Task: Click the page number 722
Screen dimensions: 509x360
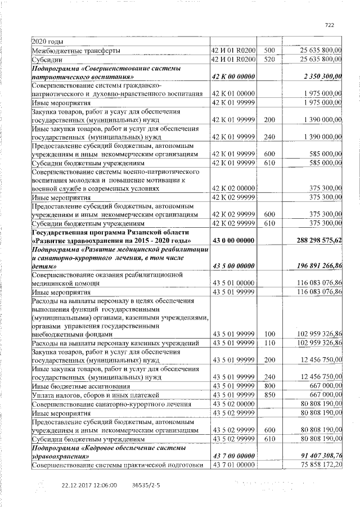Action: [330, 25]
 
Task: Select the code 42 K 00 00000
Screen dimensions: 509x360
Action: [233, 76]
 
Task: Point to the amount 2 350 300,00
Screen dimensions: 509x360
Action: [322, 76]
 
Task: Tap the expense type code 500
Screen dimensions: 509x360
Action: [269, 50]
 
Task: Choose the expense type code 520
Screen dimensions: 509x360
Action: [269, 58]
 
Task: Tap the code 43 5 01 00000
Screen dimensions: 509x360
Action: [233, 283]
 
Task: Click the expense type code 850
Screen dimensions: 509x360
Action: [269, 395]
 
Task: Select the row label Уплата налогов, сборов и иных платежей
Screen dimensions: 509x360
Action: [92, 395]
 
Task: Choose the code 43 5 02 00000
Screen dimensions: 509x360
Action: [233, 404]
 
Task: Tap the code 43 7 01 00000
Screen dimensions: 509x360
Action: [233, 465]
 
